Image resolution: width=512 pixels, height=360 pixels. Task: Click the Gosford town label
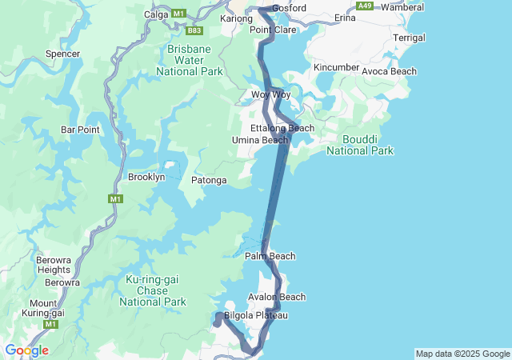pyautogui.click(x=289, y=8)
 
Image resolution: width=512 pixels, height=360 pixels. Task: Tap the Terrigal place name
pyautogui.click(x=410, y=38)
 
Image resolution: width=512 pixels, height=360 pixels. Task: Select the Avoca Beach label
pyautogui.click(x=389, y=71)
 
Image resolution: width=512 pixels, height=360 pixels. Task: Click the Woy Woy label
pyautogui.click(x=270, y=94)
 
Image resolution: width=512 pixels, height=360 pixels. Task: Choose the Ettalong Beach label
pyautogui.click(x=282, y=128)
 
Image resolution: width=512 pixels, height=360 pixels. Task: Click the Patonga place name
pyautogui.click(x=209, y=181)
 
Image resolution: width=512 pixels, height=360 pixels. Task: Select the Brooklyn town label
pyautogui.click(x=146, y=176)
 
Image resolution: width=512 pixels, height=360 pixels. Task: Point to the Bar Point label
pyautogui.click(x=79, y=130)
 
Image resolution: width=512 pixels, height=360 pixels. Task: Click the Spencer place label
pyautogui.click(x=63, y=54)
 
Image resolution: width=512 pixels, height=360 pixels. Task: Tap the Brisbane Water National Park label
pyautogui.click(x=195, y=60)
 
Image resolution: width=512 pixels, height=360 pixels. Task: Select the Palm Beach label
pyautogui.click(x=270, y=256)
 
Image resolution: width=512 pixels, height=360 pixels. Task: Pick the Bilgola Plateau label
pyautogui.click(x=255, y=315)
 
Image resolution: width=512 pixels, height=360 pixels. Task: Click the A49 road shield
pyautogui.click(x=365, y=6)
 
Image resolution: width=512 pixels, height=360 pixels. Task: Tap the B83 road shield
pyautogui.click(x=194, y=30)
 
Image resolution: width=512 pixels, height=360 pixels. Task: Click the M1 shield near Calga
pyautogui.click(x=178, y=14)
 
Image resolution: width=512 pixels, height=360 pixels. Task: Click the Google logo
pyautogui.click(x=26, y=350)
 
